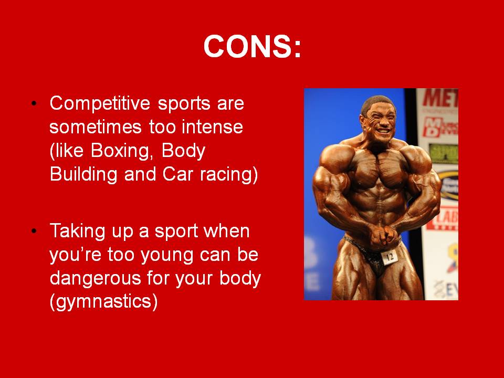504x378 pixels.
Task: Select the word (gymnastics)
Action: click(x=103, y=303)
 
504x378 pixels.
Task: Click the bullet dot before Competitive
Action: click(x=35, y=103)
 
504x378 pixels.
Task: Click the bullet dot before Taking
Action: click(x=35, y=231)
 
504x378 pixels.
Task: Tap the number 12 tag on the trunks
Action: click(x=390, y=257)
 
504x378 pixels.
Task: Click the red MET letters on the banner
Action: click(x=440, y=98)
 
